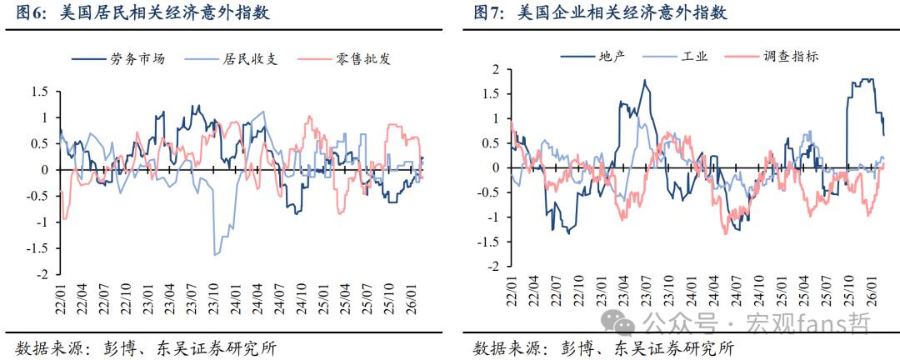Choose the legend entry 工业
[x=694, y=57]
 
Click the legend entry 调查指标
[x=791, y=57]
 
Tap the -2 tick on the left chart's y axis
[x=42, y=274]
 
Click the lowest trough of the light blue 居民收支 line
[x=216, y=254]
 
